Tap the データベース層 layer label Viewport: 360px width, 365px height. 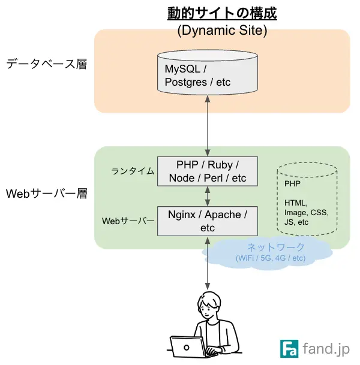pyautogui.click(x=46, y=64)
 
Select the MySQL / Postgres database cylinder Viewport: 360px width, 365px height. pyautogui.click(x=207, y=72)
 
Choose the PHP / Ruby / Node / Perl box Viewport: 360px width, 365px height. pyautogui.click(x=207, y=171)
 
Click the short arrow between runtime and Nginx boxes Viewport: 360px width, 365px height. pyautogui.click(x=208, y=196)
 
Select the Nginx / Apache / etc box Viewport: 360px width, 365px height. pyautogui.click(x=207, y=221)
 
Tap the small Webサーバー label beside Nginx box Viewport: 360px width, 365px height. pyautogui.click(x=128, y=221)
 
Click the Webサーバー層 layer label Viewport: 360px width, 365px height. pyautogui.click(x=46, y=194)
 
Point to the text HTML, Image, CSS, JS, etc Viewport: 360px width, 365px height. pyautogui.click(x=306, y=212)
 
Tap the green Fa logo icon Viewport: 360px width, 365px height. pyautogui.click(x=289, y=349)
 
